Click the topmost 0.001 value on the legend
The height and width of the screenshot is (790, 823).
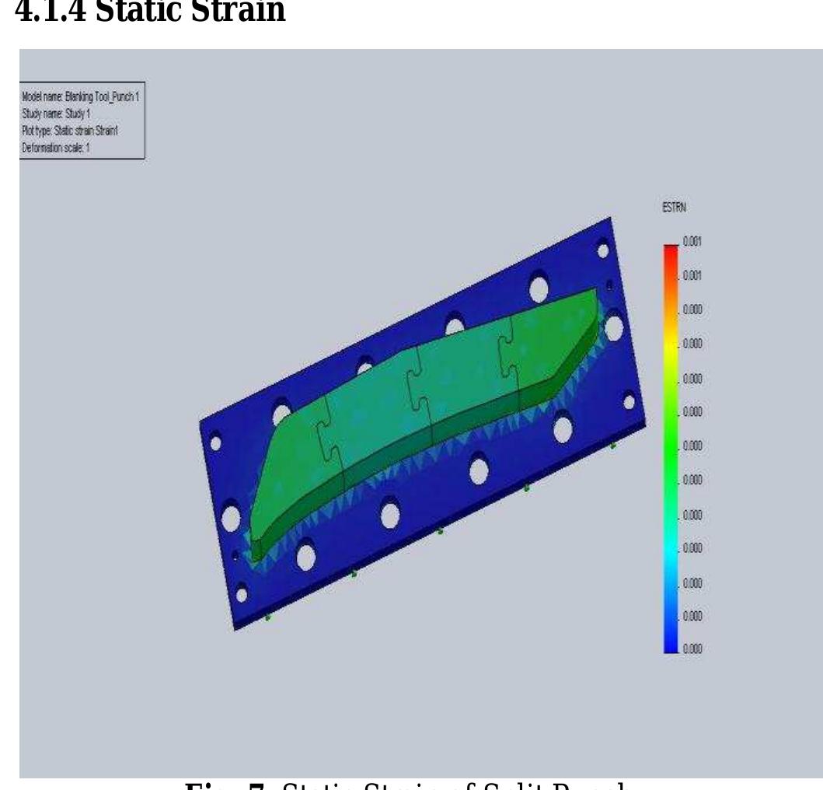tap(692, 242)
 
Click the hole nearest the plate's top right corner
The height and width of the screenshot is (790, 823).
tap(602, 250)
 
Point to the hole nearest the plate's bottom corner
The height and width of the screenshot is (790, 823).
tap(242, 595)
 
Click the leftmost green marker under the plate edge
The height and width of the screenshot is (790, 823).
tap(268, 617)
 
